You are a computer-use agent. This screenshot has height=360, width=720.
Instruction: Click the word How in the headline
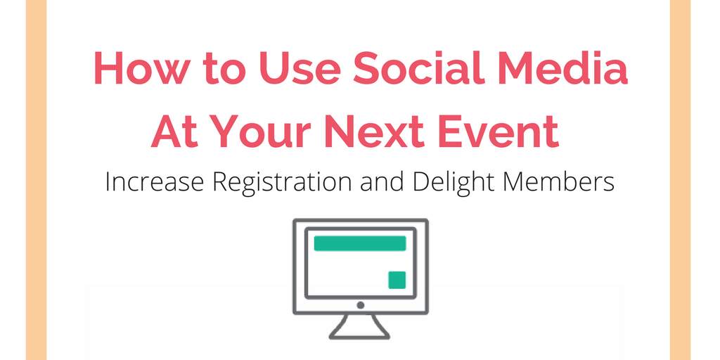point(141,67)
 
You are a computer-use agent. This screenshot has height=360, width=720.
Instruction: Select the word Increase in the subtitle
point(154,182)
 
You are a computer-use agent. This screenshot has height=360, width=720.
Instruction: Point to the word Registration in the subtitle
point(282,184)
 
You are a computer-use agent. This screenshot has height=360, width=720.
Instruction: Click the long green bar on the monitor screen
point(360,243)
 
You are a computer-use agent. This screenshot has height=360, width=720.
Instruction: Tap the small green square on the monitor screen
point(397,280)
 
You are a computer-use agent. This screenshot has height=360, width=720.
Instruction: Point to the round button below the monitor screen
point(361,305)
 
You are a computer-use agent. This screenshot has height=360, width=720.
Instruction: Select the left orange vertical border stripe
point(37,180)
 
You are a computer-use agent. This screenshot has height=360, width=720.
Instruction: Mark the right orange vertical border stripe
point(680,180)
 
